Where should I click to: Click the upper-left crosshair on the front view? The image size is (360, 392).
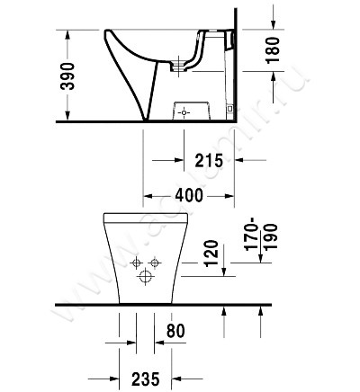[x=135, y=263]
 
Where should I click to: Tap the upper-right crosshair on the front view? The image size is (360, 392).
[x=154, y=263]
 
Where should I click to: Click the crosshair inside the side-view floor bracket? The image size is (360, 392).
[x=184, y=113]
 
